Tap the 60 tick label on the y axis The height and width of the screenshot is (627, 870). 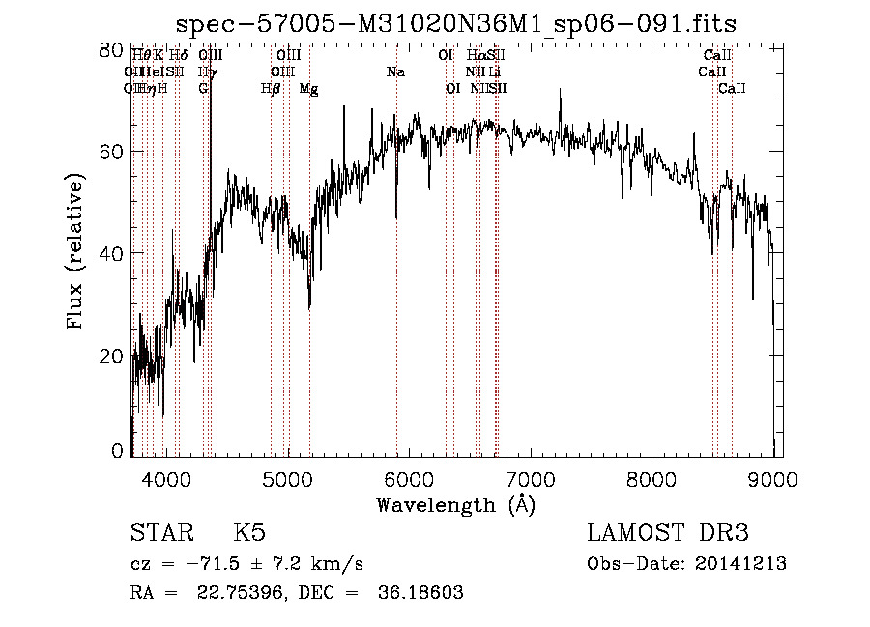coord(112,152)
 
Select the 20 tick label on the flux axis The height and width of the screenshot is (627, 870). coord(112,356)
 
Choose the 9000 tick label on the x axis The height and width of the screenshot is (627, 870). coord(773,478)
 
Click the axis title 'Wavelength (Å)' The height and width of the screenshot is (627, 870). coord(455,504)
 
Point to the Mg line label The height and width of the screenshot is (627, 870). coord(308,89)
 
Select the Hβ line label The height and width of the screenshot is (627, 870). coord(272,89)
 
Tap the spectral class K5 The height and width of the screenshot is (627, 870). coord(249,533)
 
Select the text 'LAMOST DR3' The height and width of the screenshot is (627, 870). coord(668,533)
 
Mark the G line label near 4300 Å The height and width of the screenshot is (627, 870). coord(203,89)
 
